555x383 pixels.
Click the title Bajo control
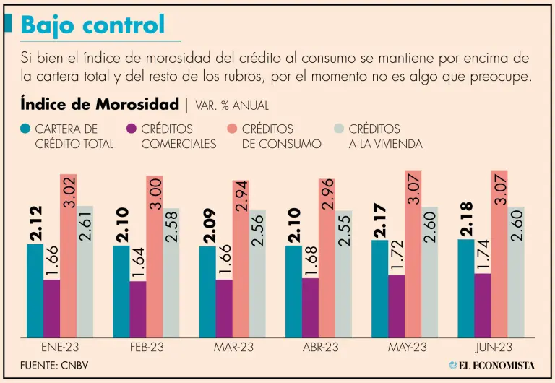[x=92, y=25]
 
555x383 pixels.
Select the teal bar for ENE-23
[x=35, y=290]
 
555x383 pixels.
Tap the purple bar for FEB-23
[x=137, y=308]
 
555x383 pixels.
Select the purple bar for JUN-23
[x=482, y=304]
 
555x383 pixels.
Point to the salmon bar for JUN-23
[x=499, y=253]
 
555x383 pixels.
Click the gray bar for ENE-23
[x=85, y=270]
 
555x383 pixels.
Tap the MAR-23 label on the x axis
[x=233, y=348]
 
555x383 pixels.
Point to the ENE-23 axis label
[x=61, y=348]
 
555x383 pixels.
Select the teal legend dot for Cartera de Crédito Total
[x=26, y=129]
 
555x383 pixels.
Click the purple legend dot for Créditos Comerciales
[x=132, y=129]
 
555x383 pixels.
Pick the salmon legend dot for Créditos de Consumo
[x=233, y=129]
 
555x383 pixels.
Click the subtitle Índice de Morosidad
[x=100, y=104]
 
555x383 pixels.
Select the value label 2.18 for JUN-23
[x=467, y=218]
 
